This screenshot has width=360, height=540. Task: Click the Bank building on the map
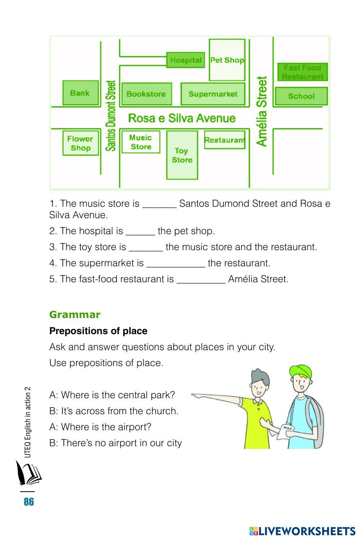[80, 93]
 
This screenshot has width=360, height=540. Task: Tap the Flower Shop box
[80, 143]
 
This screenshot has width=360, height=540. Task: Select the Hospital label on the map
[186, 60]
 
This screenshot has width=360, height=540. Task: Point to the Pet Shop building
[227, 60]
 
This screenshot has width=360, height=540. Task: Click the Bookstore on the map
[146, 94]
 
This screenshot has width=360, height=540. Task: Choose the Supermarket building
[213, 94]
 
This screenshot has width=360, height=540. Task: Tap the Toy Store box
[182, 155]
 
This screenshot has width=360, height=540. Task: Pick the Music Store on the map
[141, 142]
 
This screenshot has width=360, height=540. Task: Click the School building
[301, 96]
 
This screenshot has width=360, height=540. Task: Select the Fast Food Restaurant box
[302, 72]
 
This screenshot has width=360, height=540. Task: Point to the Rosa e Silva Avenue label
[182, 118]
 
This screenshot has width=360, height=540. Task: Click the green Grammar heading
[75, 315]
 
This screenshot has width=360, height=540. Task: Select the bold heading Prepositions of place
[98, 331]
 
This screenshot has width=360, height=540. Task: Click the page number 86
[29, 501]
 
